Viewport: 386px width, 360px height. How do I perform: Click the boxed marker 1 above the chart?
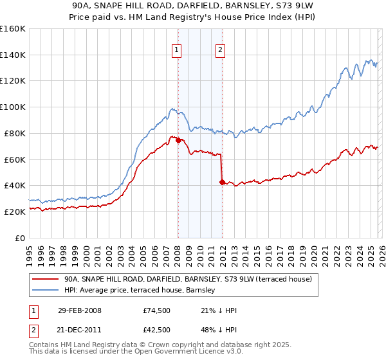[177, 51]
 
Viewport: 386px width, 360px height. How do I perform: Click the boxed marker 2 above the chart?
[221, 51]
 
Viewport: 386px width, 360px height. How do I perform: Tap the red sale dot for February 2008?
[178, 140]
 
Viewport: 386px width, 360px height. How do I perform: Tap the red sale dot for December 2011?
[222, 182]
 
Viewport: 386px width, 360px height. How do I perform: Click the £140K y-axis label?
[14, 55]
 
